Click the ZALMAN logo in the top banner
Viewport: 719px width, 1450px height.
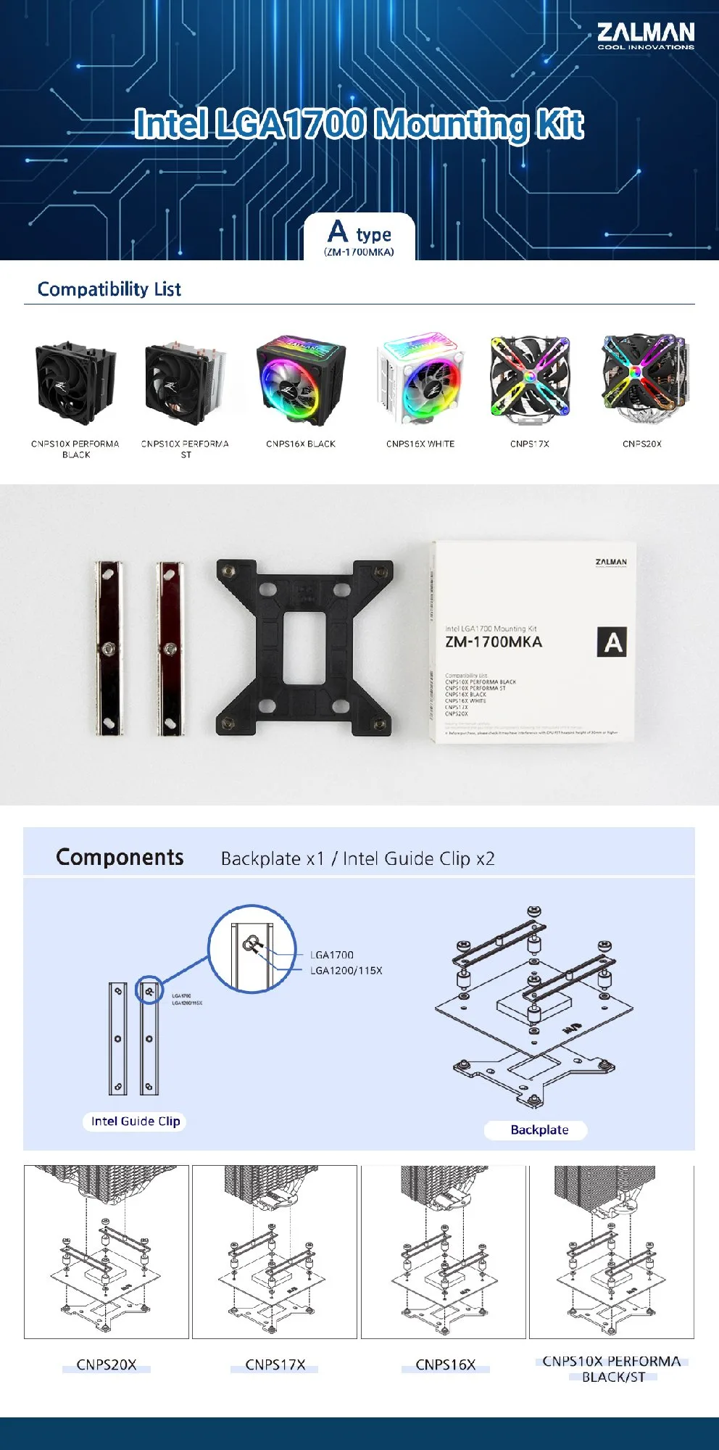click(645, 35)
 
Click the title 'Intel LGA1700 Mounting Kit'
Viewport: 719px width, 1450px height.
click(359, 124)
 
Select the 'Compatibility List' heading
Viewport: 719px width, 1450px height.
click(109, 289)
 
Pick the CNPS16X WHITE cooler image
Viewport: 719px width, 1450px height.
click(420, 381)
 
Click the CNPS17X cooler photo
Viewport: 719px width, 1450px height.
click(530, 380)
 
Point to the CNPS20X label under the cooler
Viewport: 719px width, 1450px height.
click(641, 444)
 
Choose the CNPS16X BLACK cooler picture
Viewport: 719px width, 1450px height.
click(301, 381)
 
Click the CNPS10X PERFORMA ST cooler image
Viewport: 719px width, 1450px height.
click(185, 382)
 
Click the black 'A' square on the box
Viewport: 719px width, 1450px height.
click(612, 642)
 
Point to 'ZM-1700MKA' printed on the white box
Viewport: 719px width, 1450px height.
click(493, 642)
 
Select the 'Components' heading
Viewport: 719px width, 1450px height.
click(120, 858)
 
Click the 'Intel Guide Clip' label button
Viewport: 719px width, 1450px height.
click(136, 1122)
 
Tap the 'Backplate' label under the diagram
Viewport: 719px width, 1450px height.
click(539, 1130)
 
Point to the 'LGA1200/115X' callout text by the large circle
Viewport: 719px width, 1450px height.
click(346, 971)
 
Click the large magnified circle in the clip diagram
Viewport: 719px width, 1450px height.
click(252, 948)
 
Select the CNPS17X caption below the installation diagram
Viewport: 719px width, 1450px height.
click(275, 1364)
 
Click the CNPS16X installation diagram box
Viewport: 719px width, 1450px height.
click(444, 1252)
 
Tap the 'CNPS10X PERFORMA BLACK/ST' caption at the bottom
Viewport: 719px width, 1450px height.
click(612, 1369)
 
